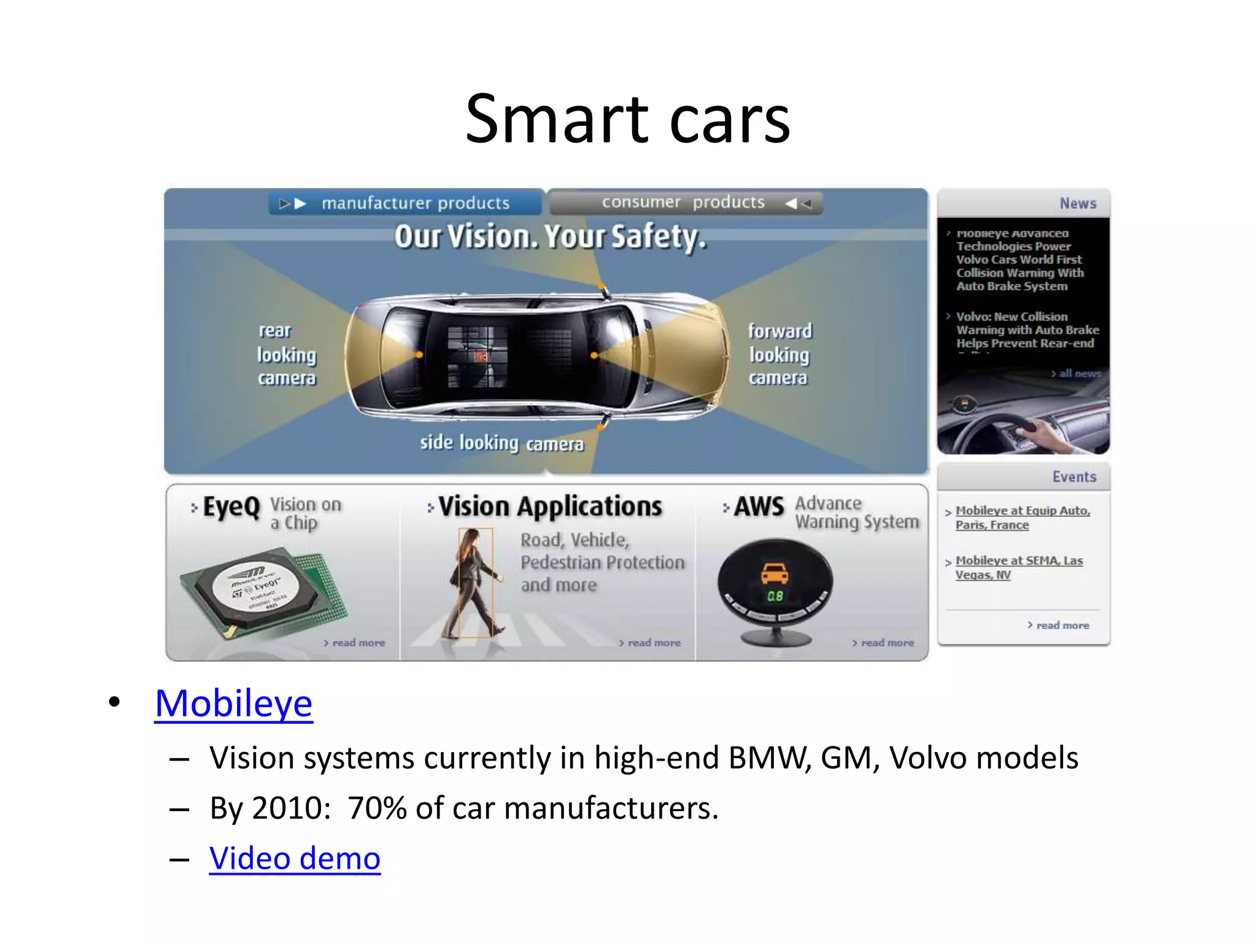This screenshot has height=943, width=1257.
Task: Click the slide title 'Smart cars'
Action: tap(627, 119)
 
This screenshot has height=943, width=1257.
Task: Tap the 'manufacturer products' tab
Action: tap(406, 203)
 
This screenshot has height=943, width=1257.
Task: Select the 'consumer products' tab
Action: tap(684, 202)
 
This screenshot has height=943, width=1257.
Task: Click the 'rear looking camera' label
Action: tap(286, 355)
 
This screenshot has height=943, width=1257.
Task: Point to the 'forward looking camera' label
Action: tap(779, 355)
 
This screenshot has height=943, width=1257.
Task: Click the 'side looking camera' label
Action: tap(501, 443)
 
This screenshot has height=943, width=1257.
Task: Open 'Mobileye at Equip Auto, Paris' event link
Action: tap(1022, 518)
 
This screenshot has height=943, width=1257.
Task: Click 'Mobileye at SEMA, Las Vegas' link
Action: tap(1018, 567)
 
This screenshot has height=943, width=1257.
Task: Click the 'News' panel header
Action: tap(1077, 203)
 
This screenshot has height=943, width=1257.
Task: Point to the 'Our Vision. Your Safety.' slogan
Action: tap(550, 237)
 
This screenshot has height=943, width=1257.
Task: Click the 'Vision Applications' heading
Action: tap(550, 507)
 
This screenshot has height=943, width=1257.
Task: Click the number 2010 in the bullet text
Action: tap(287, 808)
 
